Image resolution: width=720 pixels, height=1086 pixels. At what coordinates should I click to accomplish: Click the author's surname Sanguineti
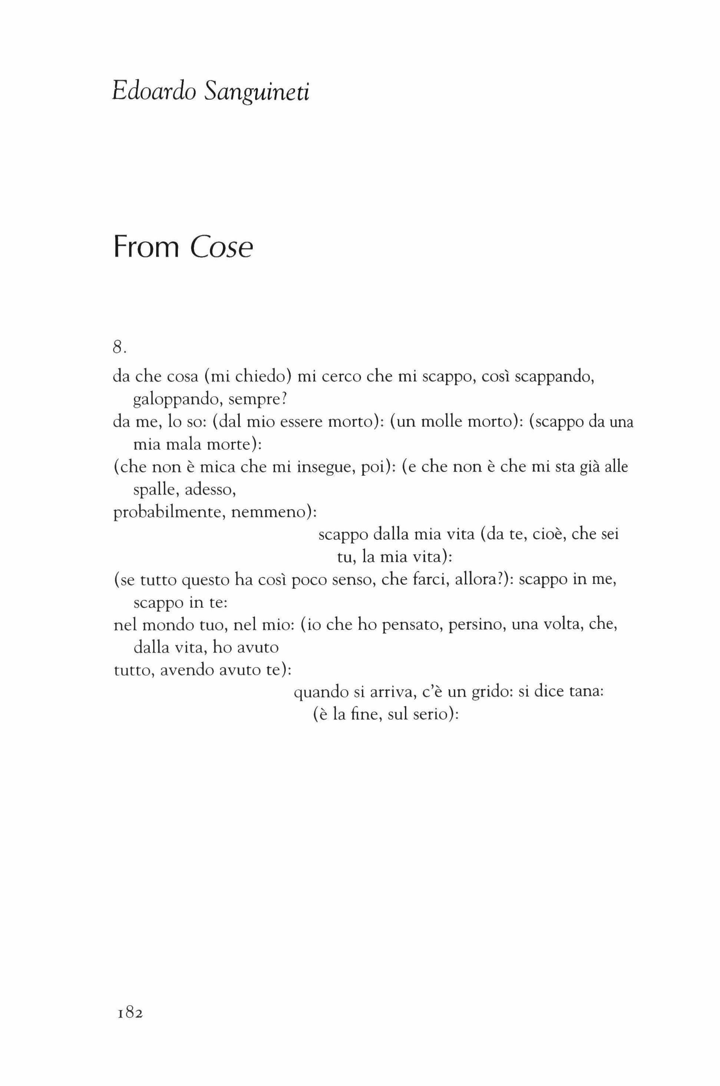tap(257, 93)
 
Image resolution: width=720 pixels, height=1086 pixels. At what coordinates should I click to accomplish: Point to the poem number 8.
tap(119, 348)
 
